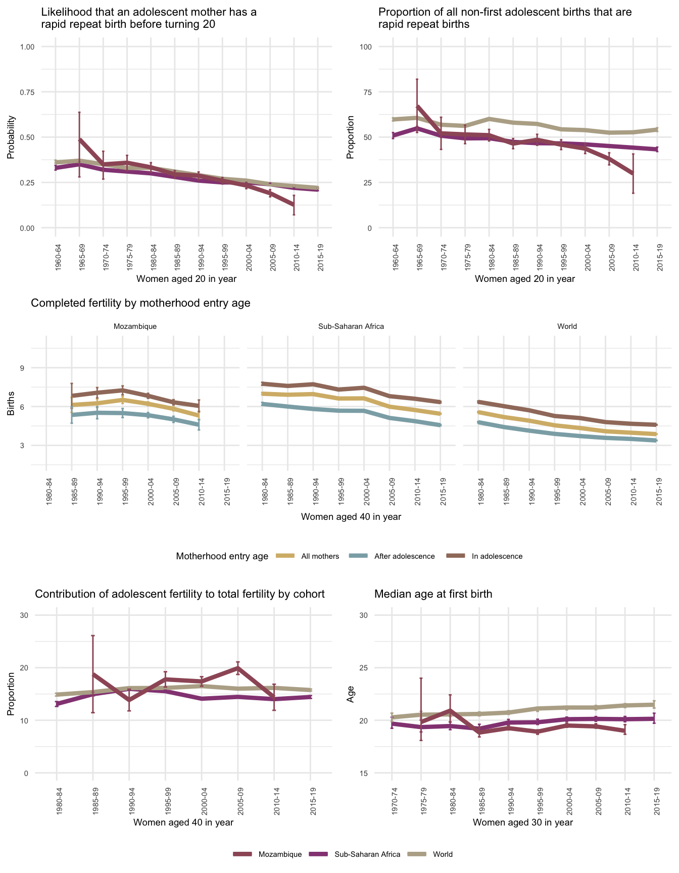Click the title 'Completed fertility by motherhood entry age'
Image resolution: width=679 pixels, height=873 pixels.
(140, 303)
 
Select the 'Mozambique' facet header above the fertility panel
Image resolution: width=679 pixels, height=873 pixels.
(135, 326)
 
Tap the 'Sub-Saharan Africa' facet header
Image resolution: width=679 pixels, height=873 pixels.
(351, 326)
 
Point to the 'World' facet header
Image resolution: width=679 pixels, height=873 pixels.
(567, 326)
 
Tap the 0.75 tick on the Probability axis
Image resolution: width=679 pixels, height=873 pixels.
(27, 92)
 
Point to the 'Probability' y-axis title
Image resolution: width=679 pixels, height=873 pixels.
(11, 137)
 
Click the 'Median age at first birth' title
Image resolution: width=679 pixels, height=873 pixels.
(433, 594)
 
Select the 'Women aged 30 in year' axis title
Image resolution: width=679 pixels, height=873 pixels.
(523, 822)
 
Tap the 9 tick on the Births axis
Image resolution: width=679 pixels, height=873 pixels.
(23, 368)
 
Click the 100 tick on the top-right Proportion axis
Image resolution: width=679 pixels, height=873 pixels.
(365, 47)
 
